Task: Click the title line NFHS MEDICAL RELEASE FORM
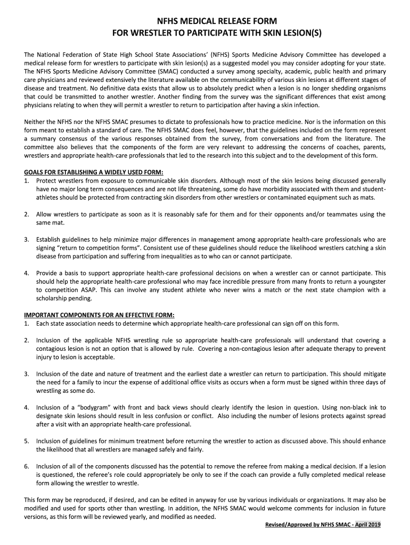pos(205,22)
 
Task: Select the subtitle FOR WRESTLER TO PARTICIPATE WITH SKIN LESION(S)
pos(205,35)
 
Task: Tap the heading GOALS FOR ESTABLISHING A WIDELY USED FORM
pos(94,171)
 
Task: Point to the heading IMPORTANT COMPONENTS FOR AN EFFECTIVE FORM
pos(100,315)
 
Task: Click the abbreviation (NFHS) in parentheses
pos(224,55)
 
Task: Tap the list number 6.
pos(27,466)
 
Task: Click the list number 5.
pos(27,441)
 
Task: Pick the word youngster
pos(370,281)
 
